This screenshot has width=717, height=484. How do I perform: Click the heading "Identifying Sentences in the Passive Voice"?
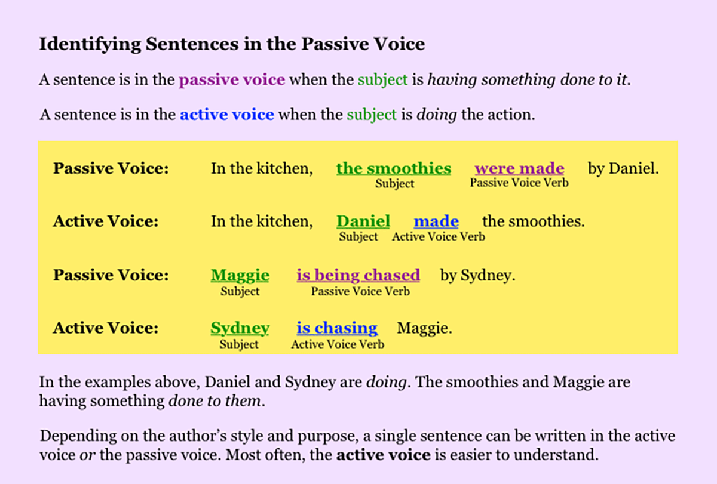tap(232, 44)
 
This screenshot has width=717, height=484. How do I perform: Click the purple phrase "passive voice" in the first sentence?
tap(232, 79)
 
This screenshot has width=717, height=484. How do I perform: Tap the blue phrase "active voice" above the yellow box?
tap(227, 115)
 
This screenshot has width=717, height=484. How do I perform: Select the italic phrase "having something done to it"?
tap(527, 79)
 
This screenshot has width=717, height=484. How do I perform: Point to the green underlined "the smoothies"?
tap(394, 168)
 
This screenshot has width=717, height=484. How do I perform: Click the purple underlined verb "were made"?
tap(519, 168)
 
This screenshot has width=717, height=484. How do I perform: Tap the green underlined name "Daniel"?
tap(363, 221)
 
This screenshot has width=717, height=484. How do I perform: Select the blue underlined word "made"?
tap(436, 221)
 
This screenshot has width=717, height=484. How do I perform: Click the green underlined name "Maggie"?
tap(240, 275)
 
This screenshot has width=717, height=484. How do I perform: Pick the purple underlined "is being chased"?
tap(358, 275)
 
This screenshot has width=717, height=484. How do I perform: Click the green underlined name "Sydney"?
tap(240, 328)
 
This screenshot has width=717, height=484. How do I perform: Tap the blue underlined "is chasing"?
tap(337, 328)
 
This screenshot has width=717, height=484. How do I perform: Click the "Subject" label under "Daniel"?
tap(358, 236)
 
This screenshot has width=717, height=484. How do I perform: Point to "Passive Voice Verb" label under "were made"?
tap(519, 183)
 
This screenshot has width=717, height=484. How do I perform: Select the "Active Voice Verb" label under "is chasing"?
tap(338, 344)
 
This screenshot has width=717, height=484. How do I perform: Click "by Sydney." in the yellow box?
tap(478, 275)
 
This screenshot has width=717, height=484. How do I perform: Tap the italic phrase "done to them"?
tap(215, 401)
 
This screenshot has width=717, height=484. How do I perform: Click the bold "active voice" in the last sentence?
tap(384, 455)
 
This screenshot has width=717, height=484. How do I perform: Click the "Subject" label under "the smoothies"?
tap(395, 183)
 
